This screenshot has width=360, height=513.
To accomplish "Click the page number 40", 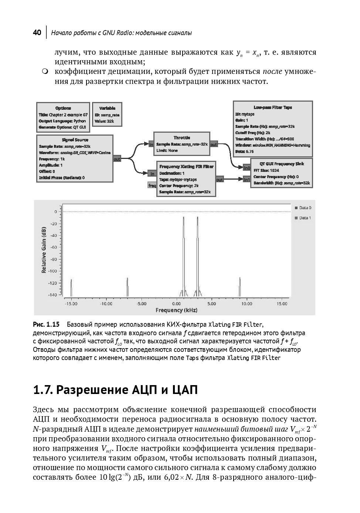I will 37,33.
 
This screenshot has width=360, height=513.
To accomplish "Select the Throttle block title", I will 182,137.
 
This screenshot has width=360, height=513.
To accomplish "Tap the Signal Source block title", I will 75,140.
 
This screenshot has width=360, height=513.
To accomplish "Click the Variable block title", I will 107,108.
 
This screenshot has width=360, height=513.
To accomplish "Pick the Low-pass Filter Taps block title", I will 273,107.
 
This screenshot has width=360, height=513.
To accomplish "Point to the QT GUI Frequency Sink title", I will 282,164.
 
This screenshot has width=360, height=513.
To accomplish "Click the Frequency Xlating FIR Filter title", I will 186,167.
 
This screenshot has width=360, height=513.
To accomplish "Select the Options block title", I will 63,108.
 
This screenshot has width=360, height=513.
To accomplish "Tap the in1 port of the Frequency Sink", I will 247,180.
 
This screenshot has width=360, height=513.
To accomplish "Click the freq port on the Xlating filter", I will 152,186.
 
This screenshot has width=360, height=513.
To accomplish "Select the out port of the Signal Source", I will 117,159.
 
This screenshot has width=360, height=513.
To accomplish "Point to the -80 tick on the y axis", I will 54,259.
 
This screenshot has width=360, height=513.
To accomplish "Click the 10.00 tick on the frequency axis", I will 247,304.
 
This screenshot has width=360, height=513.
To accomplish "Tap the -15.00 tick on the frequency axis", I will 71,304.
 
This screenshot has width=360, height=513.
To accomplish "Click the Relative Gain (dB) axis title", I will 44,249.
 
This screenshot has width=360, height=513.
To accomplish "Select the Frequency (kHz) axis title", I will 176,310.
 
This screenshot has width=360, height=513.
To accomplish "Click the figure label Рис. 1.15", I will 46,325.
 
